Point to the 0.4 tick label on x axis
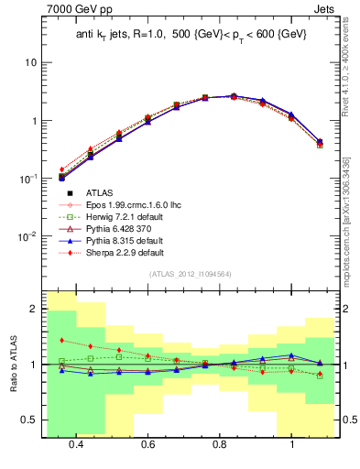pos(76,444)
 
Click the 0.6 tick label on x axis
pos(148,444)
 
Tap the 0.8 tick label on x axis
pos(220,444)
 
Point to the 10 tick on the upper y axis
pos(30,62)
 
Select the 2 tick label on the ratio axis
pos(34,310)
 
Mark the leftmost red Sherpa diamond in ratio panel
pos(61,340)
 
